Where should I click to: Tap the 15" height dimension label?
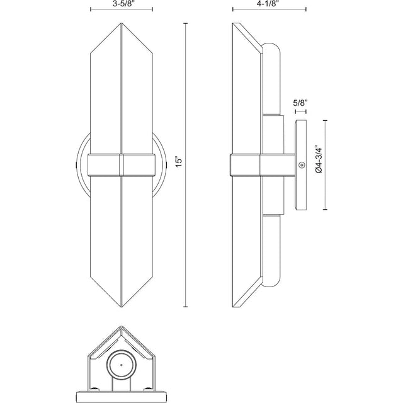pos(179,161)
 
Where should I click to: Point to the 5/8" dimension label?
pos(300,103)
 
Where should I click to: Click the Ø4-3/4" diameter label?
pos(319,159)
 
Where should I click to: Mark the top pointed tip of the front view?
pos(122,23)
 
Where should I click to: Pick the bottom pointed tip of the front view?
pos(122,307)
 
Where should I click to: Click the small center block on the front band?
pos(122,165)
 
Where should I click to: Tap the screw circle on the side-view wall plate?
pos(301,165)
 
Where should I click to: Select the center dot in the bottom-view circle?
pos(122,365)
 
